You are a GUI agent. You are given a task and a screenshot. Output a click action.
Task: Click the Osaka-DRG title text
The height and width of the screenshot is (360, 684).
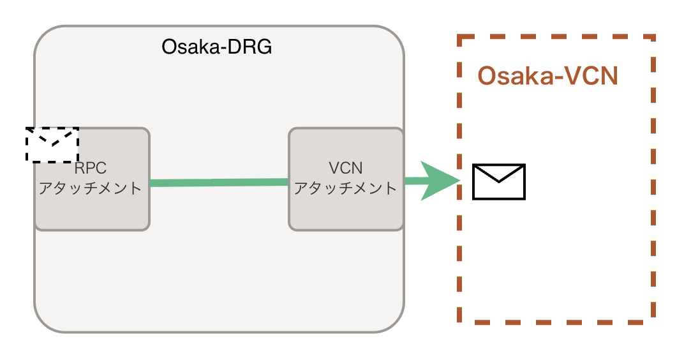(x=217, y=47)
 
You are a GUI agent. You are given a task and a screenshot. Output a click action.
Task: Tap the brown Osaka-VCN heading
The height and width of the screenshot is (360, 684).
(x=547, y=77)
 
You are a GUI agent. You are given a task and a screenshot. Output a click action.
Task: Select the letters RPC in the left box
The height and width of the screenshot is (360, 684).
(x=91, y=169)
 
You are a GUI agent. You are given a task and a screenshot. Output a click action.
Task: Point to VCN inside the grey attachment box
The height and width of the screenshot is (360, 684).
(x=345, y=169)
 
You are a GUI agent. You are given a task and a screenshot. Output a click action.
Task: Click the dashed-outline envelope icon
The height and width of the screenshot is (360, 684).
(x=52, y=144)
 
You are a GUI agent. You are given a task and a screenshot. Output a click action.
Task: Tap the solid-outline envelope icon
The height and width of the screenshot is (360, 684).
(x=498, y=181)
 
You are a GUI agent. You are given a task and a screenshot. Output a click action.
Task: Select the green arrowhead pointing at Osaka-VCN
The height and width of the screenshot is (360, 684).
(x=440, y=181)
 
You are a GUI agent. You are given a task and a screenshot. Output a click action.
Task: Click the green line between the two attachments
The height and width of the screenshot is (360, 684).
(x=218, y=183)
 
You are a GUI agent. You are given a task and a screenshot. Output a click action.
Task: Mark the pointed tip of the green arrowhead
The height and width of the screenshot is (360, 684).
(x=460, y=181)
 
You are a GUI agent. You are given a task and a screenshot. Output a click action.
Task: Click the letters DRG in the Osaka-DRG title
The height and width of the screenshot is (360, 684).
(x=250, y=47)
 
